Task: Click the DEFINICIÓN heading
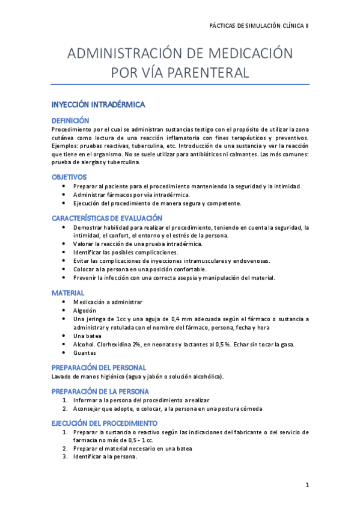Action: click(70, 120)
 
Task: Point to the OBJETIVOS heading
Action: click(69, 177)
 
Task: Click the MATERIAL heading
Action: click(68, 292)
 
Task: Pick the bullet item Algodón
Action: click(85, 310)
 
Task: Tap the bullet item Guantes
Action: click(85, 353)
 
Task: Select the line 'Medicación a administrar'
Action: click(108, 301)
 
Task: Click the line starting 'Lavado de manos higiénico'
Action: click(138, 376)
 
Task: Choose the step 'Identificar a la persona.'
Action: click(105, 456)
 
